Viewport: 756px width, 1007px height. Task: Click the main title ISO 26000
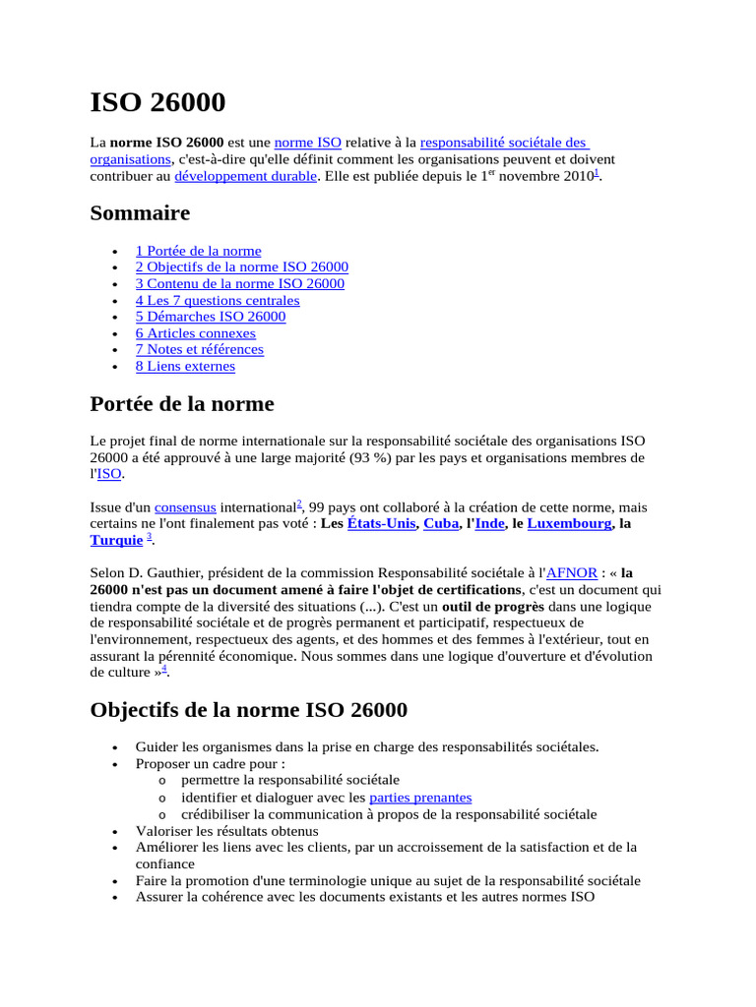(x=157, y=102)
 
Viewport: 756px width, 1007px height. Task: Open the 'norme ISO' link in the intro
(x=307, y=143)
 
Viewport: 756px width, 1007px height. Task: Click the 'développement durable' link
(x=245, y=176)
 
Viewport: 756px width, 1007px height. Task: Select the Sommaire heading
(x=140, y=213)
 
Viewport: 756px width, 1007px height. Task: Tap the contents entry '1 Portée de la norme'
(x=198, y=251)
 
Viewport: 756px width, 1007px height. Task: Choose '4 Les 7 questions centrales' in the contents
(x=217, y=300)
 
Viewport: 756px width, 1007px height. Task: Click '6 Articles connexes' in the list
(x=195, y=333)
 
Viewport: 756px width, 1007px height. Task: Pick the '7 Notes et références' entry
(x=199, y=349)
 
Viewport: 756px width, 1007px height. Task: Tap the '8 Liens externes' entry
(x=185, y=366)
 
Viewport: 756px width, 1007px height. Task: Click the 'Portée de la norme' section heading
(x=182, y=404)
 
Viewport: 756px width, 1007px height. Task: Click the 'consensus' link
(x=185, y=507)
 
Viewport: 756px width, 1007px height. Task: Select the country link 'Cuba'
(x=441, y=524)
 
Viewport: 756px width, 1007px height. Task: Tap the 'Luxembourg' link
(x=569, y=524)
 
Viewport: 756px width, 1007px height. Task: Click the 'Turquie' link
(x=116, y=541)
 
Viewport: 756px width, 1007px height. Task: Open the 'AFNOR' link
(x=571, y=573)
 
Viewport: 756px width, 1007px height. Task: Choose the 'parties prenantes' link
(x=420, y=798)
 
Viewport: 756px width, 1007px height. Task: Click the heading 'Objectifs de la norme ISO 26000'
(x=248, y=710)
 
